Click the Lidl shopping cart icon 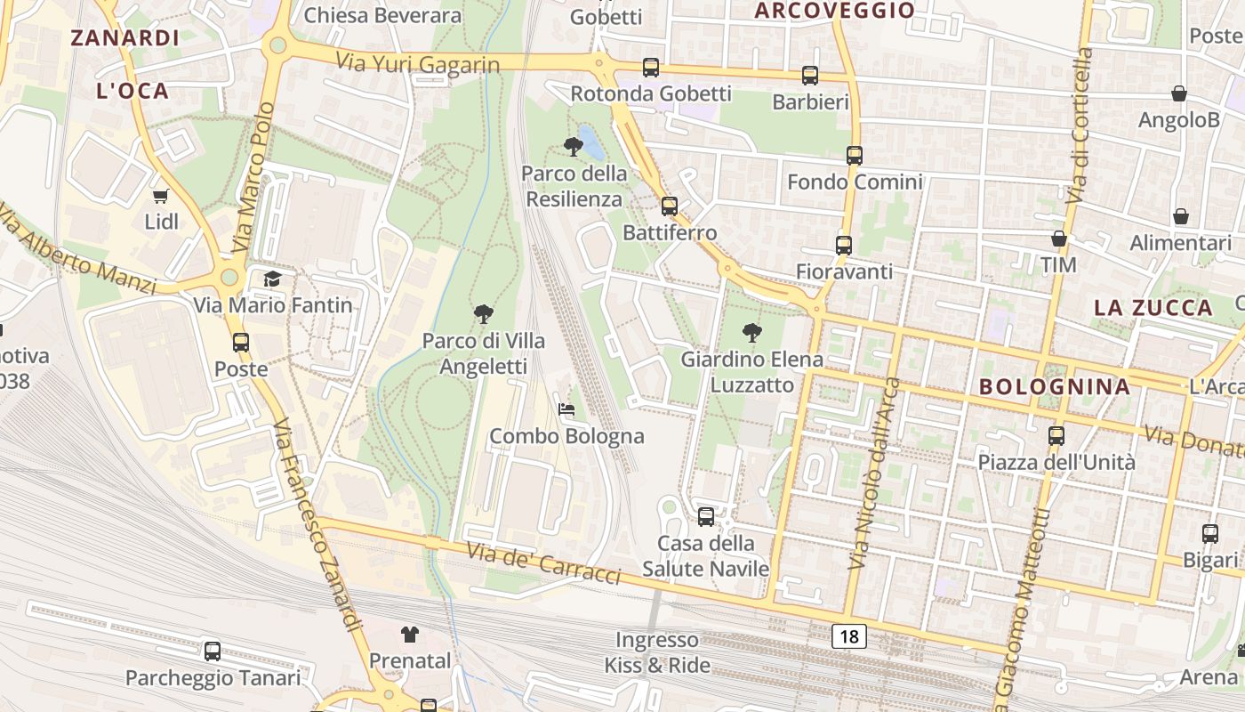pos(161,196)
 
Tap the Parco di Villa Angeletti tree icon pos(484,313)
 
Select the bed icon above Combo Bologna pos(566,409)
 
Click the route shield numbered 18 pos(849,635)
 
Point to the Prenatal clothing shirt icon pos(409,634)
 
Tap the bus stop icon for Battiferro pos(670,206)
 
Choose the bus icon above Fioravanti pos(844,245)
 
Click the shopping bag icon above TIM pos(1059,239)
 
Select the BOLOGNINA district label pos(1055,387)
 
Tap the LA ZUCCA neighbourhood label pos(1153,308)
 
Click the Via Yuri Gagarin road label pos(418,63)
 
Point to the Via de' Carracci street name pos(542,562)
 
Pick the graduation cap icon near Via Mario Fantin pos(272,279)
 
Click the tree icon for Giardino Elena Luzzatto pos(752,334)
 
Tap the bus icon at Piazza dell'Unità pos(1056,436)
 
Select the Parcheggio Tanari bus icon pos(213,651)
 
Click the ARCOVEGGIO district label pos(834,11)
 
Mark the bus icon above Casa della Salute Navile pos(706,516)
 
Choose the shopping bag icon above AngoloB pos(1179,93)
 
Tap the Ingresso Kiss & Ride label pos(657,652)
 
